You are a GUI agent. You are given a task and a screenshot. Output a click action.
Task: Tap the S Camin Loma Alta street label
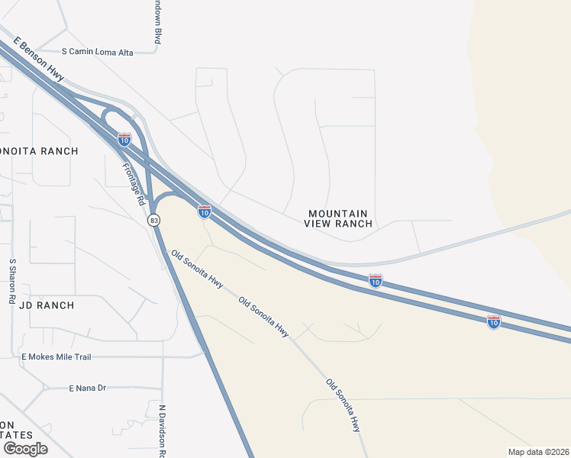[x=98, y=52]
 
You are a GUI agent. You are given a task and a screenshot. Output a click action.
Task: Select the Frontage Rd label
[x=133, y=184]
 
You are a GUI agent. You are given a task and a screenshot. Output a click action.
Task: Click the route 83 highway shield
[x=154, y=220]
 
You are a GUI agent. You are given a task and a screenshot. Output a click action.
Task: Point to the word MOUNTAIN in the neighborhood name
[x=338, y=214]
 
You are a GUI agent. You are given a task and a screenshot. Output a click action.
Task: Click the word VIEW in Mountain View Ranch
[x=319, y=224]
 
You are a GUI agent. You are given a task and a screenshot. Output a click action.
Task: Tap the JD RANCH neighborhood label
[x=47, y=305]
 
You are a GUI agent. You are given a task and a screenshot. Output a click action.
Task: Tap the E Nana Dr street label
[x=87, y=388]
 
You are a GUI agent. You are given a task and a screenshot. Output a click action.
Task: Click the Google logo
[x=25, y=449]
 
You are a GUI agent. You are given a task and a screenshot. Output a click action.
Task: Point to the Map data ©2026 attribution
[x=538, y=452]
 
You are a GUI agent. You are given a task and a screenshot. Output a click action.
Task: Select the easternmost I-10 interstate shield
[x=493, y=322]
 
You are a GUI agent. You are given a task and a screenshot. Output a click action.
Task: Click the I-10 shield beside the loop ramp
[x=124, y=139]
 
